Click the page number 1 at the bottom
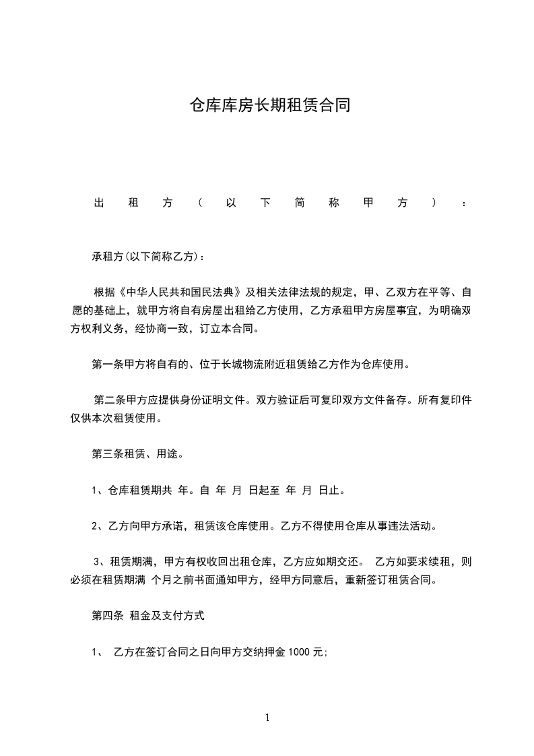click(x=267, y=718)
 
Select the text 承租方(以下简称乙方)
click(x=145, y=257)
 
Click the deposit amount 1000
click(x=300, y=652)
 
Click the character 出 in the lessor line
click(x=98, y=203)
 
